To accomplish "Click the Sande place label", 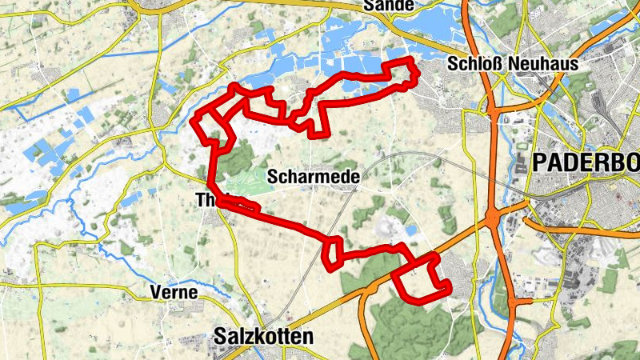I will point(389,6).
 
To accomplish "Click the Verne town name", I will point(173,293).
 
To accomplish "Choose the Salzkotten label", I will point(263,337).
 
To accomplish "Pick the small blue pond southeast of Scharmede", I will point(398,230).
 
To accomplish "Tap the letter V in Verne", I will point(155,293).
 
